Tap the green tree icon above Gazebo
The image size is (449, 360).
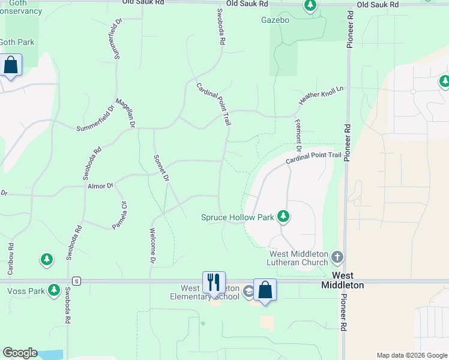click(x=310, y=7)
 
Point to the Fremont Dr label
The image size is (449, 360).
click(x=298, y=135)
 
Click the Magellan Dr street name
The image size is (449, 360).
click(x=125, y=113)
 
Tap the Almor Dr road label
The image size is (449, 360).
click(x=100, y=186)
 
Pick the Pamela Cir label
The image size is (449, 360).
click(x=120, y=214)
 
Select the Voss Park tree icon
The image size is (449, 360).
click(x=54, y=290)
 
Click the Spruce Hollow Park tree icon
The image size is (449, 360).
click(x=283, y=217)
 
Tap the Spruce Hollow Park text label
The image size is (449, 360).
click(x=237, y=217)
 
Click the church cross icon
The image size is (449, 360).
click(x=337, y=257)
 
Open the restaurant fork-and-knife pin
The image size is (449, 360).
click(x=214, y=282)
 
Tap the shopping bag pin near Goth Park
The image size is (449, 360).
click(x=11, y=65)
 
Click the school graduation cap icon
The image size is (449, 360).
click(x=249, y=292)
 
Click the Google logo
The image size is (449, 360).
click(x=19, y=353)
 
